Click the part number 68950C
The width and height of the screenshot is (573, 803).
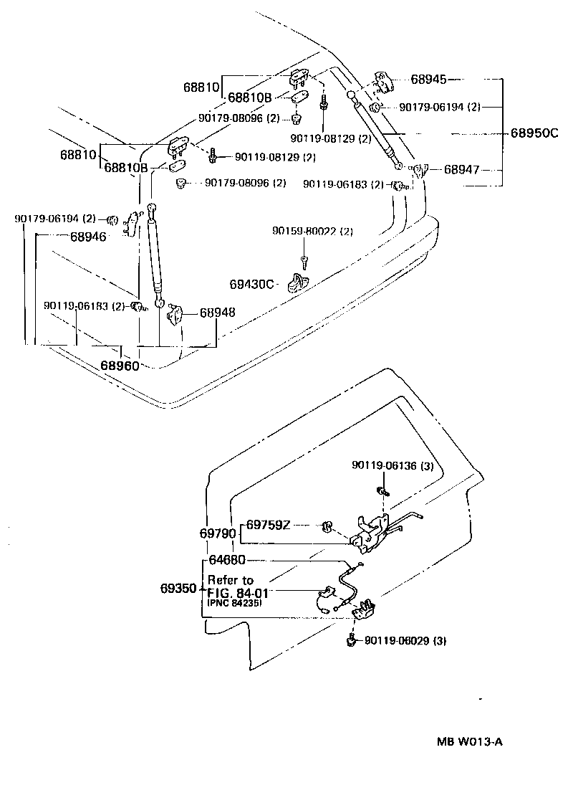[x=534, y=133]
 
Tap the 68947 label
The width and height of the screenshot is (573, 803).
[x=461, y=171]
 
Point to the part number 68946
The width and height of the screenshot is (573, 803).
[x=88, y=236]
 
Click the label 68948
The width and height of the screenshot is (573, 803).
[x=218, y=313]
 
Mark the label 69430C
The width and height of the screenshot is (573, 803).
[x=252, y=285]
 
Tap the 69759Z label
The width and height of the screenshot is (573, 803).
[x=269, y=525]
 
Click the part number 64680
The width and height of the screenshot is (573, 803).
[x=226, y=560]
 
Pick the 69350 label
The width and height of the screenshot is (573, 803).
[x=178, y=589]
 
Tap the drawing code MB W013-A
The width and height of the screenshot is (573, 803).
[x=469, y=742]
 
